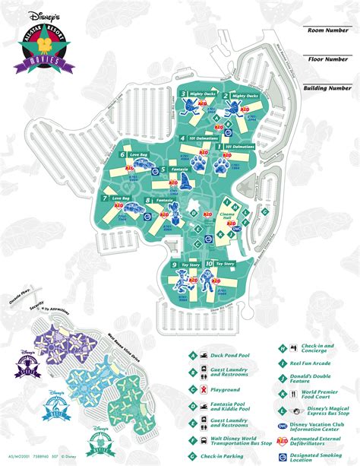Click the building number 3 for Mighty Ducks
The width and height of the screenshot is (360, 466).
click(184, 95)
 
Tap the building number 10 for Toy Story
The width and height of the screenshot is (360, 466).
click(208, 265)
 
